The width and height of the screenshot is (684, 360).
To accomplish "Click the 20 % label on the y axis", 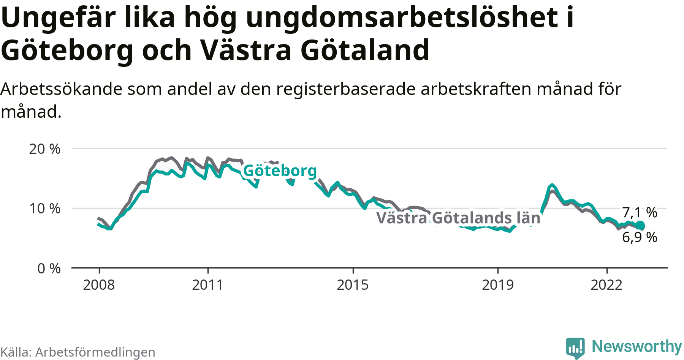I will tap(44, 149).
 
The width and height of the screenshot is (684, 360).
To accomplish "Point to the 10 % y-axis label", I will tap(44, 208).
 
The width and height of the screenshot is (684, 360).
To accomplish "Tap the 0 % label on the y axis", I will tap(49, 268).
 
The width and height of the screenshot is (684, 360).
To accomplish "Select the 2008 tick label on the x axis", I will tap(99, 285).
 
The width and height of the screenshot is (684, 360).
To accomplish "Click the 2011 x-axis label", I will tap(207, 285).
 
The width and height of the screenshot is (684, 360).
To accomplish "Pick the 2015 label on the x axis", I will tap(353, 285).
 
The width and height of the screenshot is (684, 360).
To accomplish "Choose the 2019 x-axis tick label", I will tap(498, 285).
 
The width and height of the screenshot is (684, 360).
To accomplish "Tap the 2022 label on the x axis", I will tap(606, 285).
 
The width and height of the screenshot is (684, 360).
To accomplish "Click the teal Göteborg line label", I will tap(280, 171).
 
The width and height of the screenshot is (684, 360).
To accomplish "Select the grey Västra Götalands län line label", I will tap(458, 218).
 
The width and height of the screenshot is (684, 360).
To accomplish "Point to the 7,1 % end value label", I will tap(640, 212).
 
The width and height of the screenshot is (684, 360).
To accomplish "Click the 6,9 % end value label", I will tap(640, 237).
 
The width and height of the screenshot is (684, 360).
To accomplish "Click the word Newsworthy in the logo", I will tap(637, 346).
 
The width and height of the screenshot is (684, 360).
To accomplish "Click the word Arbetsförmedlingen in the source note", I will tap(95, 352).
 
